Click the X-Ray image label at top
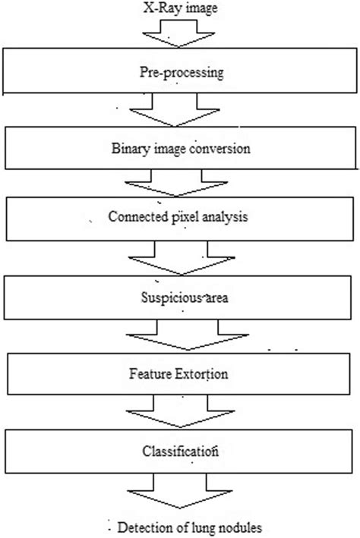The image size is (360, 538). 180,8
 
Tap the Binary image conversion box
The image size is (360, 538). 180,149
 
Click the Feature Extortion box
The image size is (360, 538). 180,373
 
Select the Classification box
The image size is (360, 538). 180,451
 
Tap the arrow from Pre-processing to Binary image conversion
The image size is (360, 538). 180,112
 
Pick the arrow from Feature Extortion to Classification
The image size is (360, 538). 180,414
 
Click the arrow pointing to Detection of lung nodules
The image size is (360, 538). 180,492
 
